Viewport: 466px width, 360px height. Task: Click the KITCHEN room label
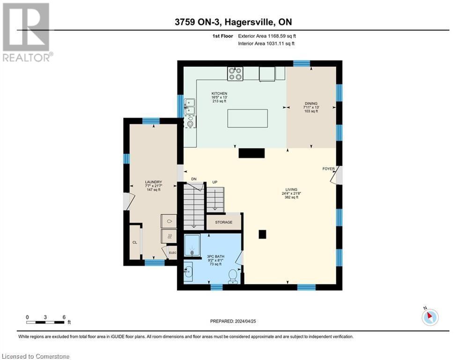tap(219, 93)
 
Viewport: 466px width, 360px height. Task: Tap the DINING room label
tap(311, 104)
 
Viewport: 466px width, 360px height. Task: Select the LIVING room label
tap(291, 189)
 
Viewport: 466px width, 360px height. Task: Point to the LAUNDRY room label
tap(153, 182)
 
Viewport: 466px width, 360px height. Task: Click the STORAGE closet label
tap(224, 222)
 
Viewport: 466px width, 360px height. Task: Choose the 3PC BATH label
tap(216, 256)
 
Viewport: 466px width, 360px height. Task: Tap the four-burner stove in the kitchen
tap(235, 74)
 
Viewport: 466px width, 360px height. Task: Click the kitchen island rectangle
tap(247, 119)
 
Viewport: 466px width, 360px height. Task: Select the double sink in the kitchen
tap(190, 106)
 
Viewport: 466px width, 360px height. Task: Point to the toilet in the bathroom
tap(233, 276)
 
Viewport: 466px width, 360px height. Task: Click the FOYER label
tap(328, 169)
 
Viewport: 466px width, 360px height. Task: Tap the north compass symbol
tap(430, 316)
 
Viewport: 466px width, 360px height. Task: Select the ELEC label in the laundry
tap(172, 253)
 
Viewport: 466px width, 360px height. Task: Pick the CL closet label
tap(134, 242)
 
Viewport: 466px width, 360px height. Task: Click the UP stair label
tap(215, 182)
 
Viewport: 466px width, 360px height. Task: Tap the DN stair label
tap(194, 179)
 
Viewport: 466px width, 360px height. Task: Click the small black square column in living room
tap(262, 234)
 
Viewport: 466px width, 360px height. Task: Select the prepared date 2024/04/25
tap(245, 321)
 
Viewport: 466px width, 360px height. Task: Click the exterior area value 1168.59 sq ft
tap(282, 36)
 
